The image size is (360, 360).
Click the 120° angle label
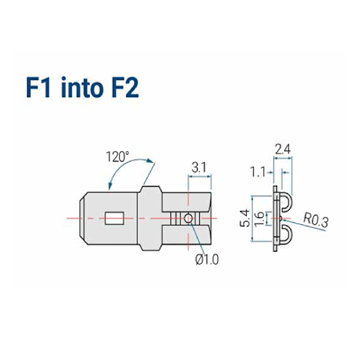(117, 157)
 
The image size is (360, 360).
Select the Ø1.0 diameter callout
(207, 260)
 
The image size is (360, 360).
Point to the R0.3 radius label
(316, 221)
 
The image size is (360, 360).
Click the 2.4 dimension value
(283, 150)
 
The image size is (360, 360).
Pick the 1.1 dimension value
(258, 172)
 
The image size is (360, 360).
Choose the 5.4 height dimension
(245, 218)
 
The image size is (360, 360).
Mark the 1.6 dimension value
(259, 219)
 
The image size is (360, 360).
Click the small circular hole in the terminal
(188, 219)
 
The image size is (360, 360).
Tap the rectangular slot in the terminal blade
(115, 219)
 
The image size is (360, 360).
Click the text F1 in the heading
(39, 88)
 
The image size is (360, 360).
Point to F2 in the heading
(125, 88)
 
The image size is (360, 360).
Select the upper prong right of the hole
(187, 202)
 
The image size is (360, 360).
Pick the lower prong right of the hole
(187, 235)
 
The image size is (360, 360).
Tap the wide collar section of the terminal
(150, 219)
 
